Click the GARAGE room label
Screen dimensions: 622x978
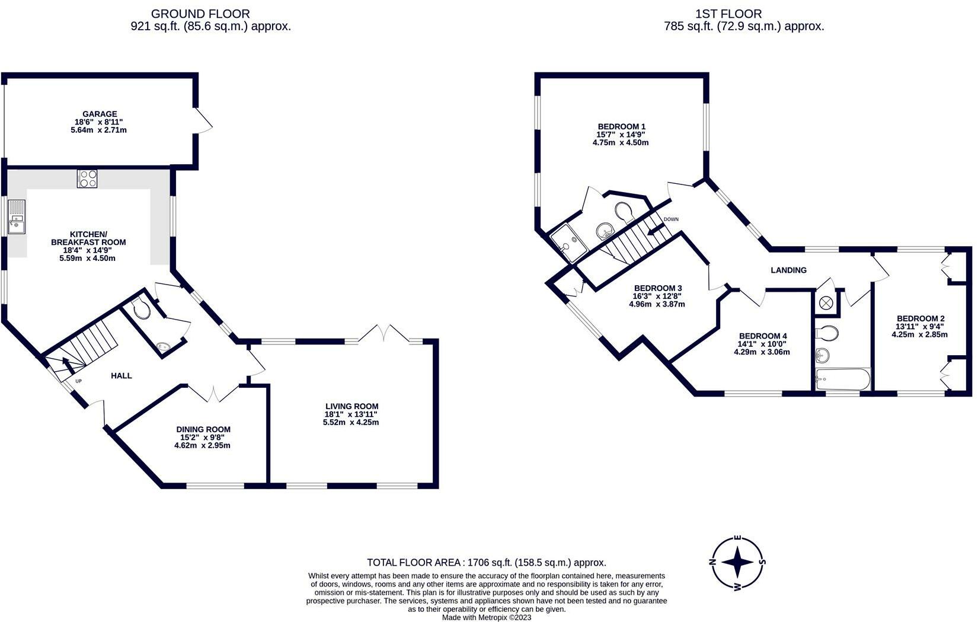click(x=100, y=114)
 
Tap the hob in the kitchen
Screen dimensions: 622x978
click(x=87, y=179)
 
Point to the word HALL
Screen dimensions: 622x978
click(x=122, y=375)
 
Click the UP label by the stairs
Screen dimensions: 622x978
click(x=78, y=381)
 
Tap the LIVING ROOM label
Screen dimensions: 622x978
click(x=351, y=406)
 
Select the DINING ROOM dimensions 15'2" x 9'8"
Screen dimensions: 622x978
click(x=203, y=438)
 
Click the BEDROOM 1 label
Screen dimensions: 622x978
click(x=621, y=126)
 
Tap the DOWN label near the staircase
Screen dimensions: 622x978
click(x=671, y=219)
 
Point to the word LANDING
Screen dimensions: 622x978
click(x=788, y=270)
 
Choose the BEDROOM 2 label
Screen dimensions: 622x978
click(x=920, y=318)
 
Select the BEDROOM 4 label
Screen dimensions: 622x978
click(x=762, y=336)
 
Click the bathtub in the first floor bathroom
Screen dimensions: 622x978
click(x=842, y=379)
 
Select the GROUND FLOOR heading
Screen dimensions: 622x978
click(x=200, y=13)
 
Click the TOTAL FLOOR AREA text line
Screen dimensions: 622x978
click(x=486, y=563)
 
